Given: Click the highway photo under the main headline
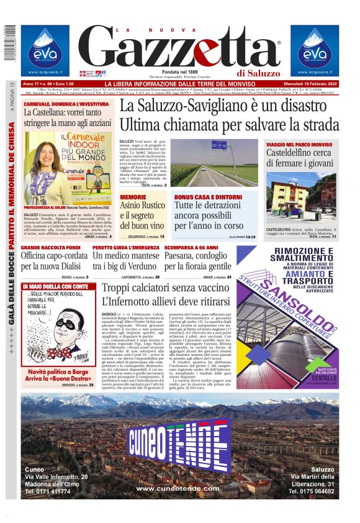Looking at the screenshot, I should pyautogui.click(x=215, y=166).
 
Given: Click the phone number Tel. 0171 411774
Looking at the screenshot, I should pyautogui.click(x=48, y=491).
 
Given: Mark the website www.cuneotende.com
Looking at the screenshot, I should pyautogui.click(x=180, y=489).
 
